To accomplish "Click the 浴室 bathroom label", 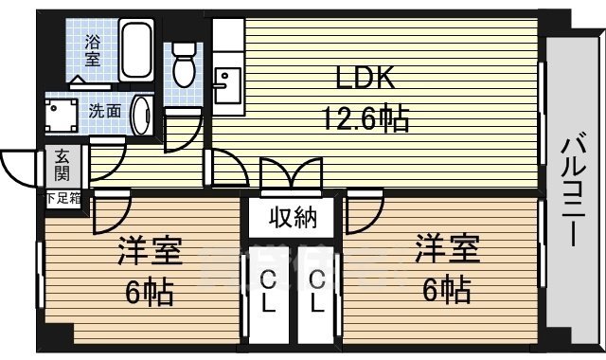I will [x=93, y=49].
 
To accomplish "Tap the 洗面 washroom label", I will [x=104, y=111].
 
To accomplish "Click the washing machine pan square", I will [x=62, y=116].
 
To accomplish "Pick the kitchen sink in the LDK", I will [x=227, y=85].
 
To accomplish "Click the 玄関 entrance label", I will [x=62, y=166].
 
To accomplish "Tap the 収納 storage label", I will [x=291, y=218].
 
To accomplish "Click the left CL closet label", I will [x=268, y=292].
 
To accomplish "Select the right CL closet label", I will [x=317, y=292].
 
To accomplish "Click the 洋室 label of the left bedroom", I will [x=149, y=254].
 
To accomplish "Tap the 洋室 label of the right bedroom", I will [x=446, y=251].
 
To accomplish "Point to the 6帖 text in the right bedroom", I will [x=446, y=289].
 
